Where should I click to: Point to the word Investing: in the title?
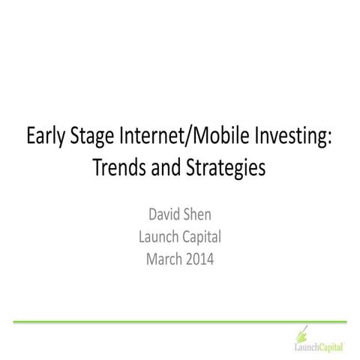(x=292, y=139)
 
